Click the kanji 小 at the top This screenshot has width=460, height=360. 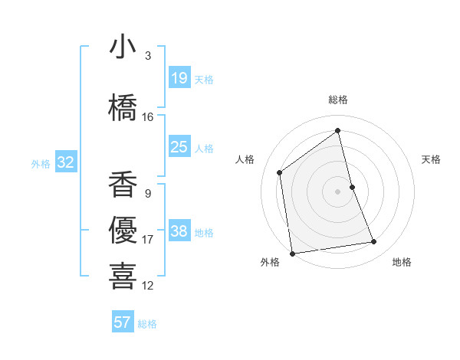123,47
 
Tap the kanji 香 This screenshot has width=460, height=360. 123,184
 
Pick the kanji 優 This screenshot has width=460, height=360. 123,230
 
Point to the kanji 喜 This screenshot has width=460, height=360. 123,276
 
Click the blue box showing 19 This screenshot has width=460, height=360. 179,78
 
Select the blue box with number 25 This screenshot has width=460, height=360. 179,147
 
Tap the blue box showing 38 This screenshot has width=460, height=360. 179,231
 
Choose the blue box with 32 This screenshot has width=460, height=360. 65,162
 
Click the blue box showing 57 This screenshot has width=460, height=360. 123,322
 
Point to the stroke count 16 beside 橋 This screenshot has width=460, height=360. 148,117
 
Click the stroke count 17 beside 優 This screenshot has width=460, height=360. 148,240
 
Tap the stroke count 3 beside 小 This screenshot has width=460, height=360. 148,56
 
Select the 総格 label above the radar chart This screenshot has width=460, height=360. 338,100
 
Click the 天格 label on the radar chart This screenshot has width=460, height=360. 432,159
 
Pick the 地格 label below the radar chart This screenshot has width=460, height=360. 402,262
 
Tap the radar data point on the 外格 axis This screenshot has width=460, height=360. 292,253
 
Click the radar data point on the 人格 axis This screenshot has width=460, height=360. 280,172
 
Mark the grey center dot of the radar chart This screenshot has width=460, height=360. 338,191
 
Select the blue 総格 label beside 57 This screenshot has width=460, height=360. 147,323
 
